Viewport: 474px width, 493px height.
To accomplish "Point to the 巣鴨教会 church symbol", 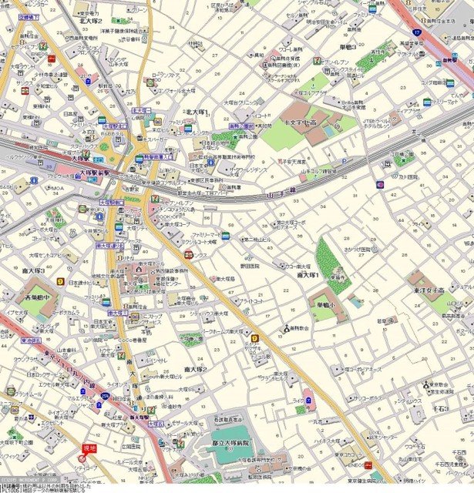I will [x=285, y=329].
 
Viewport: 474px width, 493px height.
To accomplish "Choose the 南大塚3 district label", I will [x=33, y=271].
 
